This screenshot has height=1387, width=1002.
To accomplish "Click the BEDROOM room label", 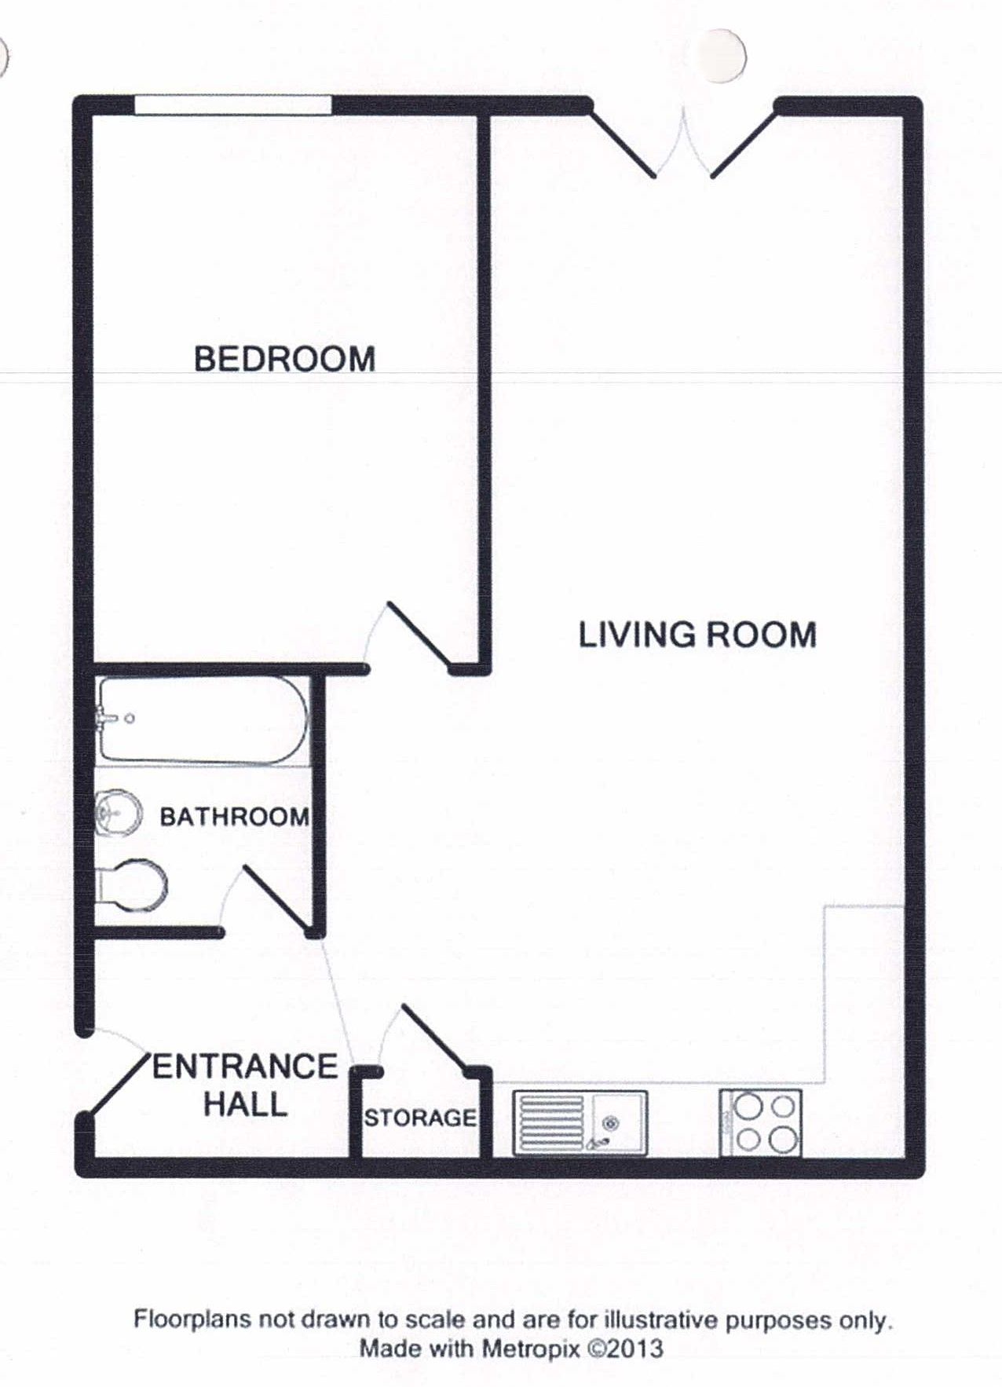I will pos(284,359).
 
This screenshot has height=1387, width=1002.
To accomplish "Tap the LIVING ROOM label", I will pos(697,635).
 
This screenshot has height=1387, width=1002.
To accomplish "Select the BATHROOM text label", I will pos(234,817).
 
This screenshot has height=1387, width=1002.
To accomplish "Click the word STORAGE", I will pos(420,1118).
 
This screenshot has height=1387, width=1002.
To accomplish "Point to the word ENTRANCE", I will pos(244,1067).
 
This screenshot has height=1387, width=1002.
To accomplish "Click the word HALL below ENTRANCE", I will pos(245,1104).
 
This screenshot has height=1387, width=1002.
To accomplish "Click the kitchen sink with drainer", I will pos(580,1122).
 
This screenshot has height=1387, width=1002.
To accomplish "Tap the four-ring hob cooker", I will pos(760,1122).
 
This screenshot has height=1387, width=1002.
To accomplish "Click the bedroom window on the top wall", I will pos(232,105).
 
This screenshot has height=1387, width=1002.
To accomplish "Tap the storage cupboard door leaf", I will pos(434,1036).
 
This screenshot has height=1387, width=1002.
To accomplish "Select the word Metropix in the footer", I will pos(531,1349).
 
